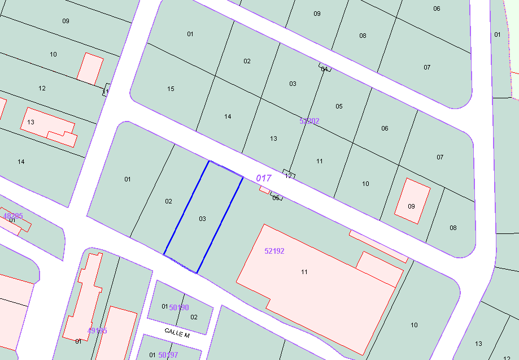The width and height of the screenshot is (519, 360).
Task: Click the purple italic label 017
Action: tap(264, 178)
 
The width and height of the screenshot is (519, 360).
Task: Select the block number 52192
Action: tap(274, 251)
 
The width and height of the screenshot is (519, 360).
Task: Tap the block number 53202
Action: tap(309, 121)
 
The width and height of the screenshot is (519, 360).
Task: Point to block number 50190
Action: tap(179, 307)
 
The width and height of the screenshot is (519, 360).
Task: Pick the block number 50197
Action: tap(168, 355)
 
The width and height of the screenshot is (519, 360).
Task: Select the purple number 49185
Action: tap(97, 331)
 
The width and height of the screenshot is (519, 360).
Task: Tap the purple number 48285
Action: tap(13, 216)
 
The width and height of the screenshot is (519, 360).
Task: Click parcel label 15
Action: tap(171, 89)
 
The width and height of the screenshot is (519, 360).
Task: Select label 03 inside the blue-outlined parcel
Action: tap(203, 219)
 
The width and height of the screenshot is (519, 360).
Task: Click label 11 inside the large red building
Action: tap(304, 272)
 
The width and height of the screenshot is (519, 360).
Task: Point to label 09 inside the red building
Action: tap(411, 206)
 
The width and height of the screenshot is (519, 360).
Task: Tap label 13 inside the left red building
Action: tap(30, 122)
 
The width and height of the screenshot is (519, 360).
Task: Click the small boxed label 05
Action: tap(276, 198)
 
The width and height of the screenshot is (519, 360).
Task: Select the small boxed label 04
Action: tap(324, 69)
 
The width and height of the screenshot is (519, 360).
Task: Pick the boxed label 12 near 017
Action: tap(289, 176)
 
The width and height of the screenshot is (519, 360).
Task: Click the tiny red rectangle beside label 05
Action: tap(264, 190)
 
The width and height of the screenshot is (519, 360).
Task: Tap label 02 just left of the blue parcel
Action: tap(168, 201)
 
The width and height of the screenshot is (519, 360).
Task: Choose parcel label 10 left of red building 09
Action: tap(365, 184)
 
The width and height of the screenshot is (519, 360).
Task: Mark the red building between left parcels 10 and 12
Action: tap(90, 69)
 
